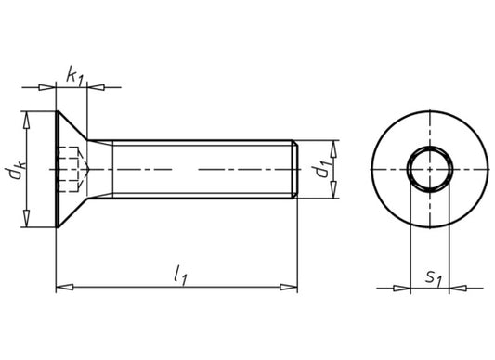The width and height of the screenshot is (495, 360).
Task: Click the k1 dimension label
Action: [x=74, y=76]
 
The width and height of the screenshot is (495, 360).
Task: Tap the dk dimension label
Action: [x=15, y=170]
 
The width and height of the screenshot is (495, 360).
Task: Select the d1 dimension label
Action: [x=321, y=169]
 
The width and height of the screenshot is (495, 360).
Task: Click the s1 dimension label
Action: [x=434, y=277]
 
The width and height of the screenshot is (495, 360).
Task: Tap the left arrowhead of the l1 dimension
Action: [x=65, y=287]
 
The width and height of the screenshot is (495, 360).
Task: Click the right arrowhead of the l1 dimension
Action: [x=289, y=287]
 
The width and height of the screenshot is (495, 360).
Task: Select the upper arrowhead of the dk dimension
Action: [x=27, y=120]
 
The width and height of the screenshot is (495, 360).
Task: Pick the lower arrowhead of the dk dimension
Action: [x=27, y=218]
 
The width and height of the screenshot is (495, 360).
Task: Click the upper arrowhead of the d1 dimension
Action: [x=333, y=149]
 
